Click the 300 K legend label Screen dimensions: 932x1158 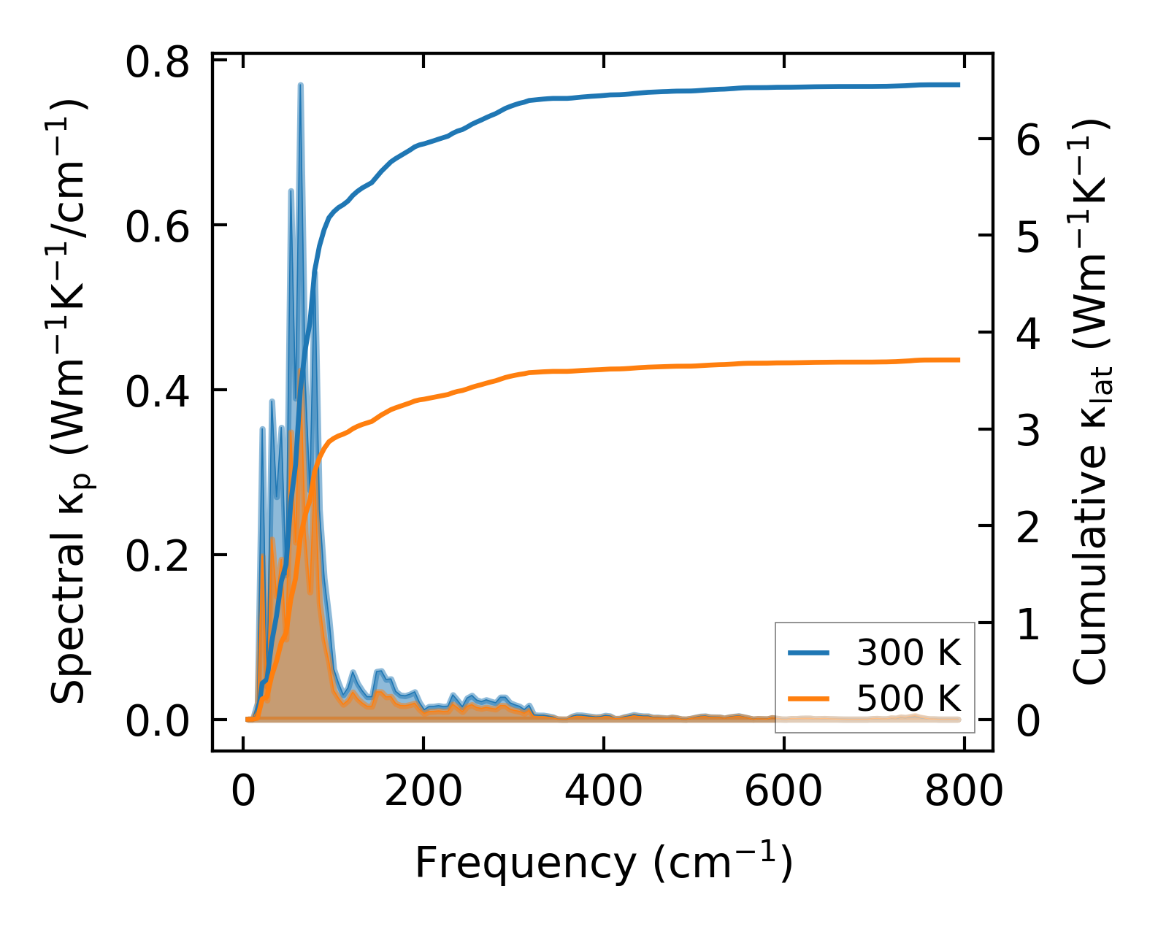(908, 653)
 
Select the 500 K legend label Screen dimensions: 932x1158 (908, 698)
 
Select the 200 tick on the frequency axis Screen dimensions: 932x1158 (423, 791)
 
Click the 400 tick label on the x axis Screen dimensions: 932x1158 (604, 791)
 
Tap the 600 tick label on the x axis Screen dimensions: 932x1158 (783, 791)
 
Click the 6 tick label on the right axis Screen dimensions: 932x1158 (1028, 140)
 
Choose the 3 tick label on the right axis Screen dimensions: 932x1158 (1028, 431)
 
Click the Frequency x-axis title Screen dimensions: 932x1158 (603, 863)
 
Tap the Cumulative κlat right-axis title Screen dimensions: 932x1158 (1090, 401)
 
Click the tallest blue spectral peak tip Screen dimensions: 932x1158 (300, 85)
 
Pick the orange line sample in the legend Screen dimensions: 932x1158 (809, 698)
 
